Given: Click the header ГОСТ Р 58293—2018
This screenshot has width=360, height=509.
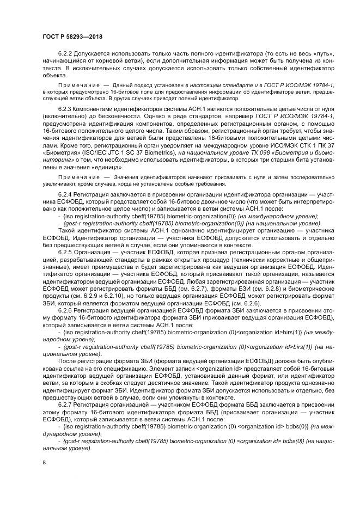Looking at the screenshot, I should click(x=72, y=36).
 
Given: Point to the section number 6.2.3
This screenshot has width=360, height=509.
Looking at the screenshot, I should click(x=66, y=109).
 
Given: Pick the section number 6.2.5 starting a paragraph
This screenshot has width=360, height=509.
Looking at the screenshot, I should click(x=66, y=252).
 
